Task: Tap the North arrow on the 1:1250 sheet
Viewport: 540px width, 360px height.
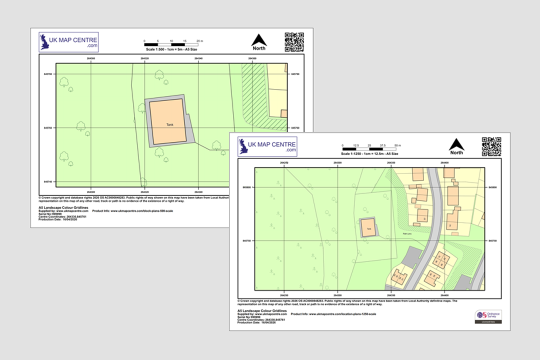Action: (x=456, y=145)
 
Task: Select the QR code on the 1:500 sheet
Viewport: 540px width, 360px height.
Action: (x=294, y=42)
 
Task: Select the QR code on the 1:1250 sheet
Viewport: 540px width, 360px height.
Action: (x=491, y=146)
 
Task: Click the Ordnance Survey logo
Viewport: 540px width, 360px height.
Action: (x=488, y=315)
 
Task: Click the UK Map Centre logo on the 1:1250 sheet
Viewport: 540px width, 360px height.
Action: (x=267, y=146)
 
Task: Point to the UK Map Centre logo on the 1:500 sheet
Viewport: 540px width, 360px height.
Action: (x=69, y=41)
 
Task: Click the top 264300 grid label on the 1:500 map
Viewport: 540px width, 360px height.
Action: (x=91, y=59)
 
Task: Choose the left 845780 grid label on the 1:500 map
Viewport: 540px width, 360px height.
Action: (x=48, y=74)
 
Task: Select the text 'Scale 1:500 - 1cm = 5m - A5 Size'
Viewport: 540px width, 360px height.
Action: (x=171, y=50)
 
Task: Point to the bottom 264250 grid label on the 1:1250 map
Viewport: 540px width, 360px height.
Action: (x=284, y=295)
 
